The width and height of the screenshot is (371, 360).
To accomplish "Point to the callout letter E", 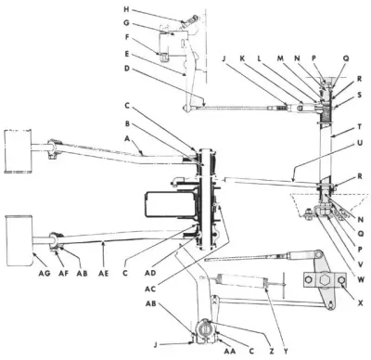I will (x=151, y=55).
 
